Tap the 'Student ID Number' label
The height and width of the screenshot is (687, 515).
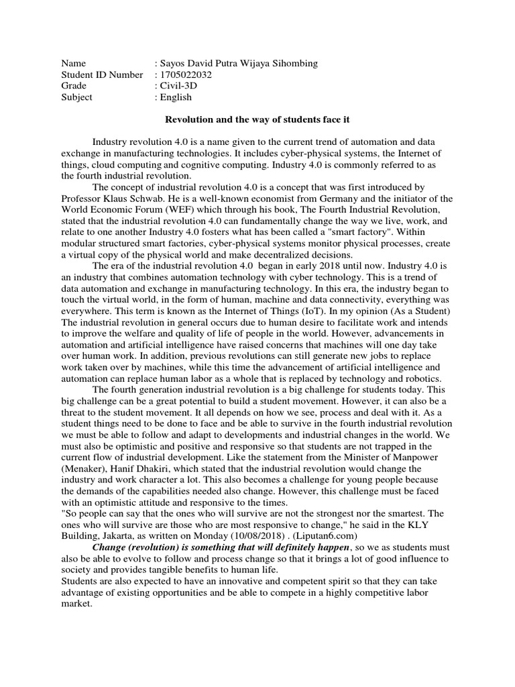tap(101, 75)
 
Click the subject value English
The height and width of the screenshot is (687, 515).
tap(175, 97)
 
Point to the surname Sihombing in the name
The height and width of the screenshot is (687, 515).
tap(292, 64)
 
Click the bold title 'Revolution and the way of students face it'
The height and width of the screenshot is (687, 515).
tap(257, 119)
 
